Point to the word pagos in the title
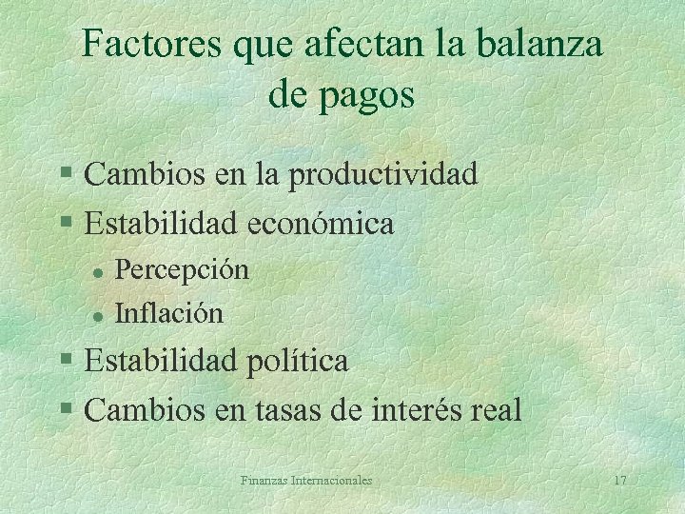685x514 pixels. [x=369, y=96]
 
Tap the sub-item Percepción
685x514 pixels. [x=182, y=270]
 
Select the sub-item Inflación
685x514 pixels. [x=169, y=312]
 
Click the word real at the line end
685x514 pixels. [x=498, y=410]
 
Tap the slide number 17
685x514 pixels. [x=619, y=481]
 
